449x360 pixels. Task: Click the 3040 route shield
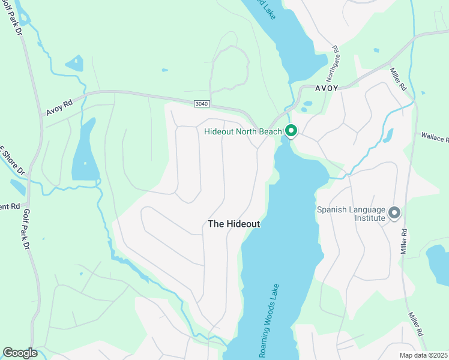pos(202,104)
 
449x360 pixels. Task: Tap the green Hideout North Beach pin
pos(291,130)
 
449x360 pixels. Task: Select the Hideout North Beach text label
pos(243,131)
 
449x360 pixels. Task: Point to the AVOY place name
pos(327,88)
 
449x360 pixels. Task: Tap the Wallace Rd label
pos(435,138)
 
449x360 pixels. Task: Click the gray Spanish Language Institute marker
pos(394,212)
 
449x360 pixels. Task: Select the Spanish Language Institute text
pos(351,214)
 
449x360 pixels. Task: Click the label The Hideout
pos(234,224)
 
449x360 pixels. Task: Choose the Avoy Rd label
pos(59,108)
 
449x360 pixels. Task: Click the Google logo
pos(20,353)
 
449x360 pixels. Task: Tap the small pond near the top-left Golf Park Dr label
pos(74,62)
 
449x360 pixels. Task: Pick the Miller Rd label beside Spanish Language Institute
pos(405,239)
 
